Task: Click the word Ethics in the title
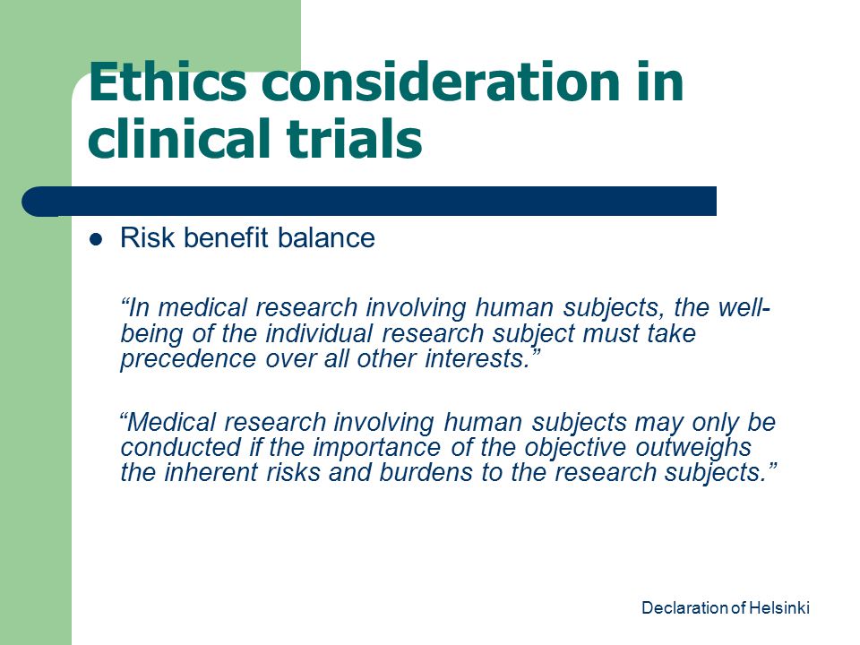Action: pos(168,82)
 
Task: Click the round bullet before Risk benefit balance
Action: pos(96,239)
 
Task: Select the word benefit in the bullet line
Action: pos(226,238)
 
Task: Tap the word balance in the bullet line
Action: pos(326,238)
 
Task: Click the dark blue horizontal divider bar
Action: pos(369,202)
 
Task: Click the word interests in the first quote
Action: pos(477,358)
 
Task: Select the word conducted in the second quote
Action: pos(180,448)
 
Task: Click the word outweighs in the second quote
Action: pos(693,448)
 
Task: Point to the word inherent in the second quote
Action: pos(211,473)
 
